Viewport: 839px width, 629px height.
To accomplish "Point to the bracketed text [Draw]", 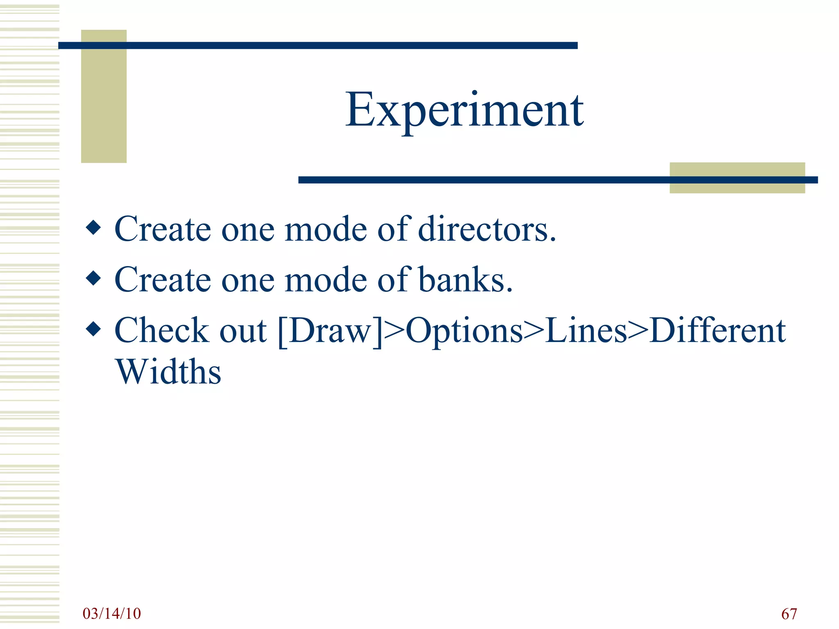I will tap(330, 331).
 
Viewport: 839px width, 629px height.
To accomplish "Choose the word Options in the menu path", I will tap(464, 331).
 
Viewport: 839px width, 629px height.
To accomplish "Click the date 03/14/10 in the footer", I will tap(111, 613).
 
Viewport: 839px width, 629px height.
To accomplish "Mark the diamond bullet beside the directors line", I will tap(94, 228).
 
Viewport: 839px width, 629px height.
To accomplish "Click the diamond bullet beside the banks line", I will tap(94, 278).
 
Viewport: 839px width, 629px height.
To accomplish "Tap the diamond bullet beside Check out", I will tap(94, 329).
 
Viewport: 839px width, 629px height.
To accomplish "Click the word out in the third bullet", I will tap(243, 331).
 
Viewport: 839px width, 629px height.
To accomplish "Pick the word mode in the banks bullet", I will tap(326, 279).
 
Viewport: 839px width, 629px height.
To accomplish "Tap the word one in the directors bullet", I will tap(248, 229).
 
